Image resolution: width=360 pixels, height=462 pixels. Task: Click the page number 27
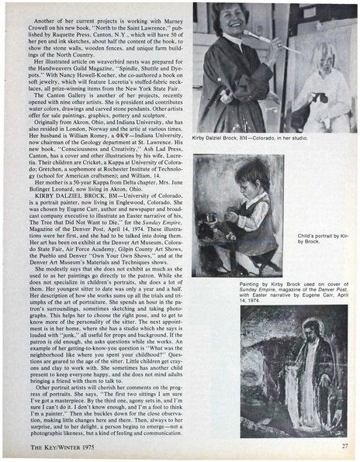click(x=343, y=446)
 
